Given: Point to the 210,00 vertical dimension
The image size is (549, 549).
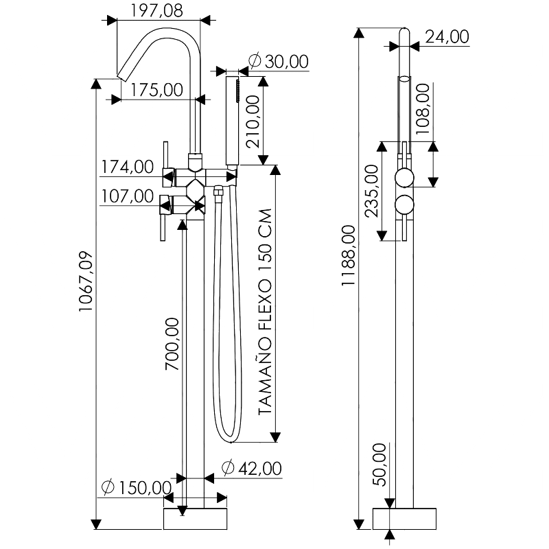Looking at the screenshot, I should point(252,122).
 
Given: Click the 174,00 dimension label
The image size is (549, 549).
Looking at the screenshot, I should point(128,167).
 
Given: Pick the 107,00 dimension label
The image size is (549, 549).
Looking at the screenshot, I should point(128,196).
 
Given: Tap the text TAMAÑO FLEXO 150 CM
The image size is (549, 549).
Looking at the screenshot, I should point(264,313).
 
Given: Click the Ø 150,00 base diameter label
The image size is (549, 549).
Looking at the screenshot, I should point(136,488).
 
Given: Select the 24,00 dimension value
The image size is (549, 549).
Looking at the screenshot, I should point(447,37).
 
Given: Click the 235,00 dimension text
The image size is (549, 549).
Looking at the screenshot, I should point(371,191).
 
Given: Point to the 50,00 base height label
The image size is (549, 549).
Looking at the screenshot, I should point(379,465).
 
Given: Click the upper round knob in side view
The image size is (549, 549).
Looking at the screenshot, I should point(405,179).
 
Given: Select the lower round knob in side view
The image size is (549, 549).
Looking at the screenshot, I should point(405,207).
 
